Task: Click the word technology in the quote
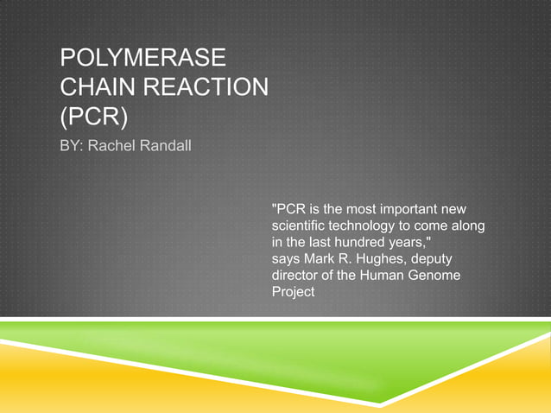[x=370, y=226]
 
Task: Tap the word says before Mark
[x=287, y=258]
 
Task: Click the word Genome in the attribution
[x=437, y=275]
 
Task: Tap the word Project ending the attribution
[x=294, y=291]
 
